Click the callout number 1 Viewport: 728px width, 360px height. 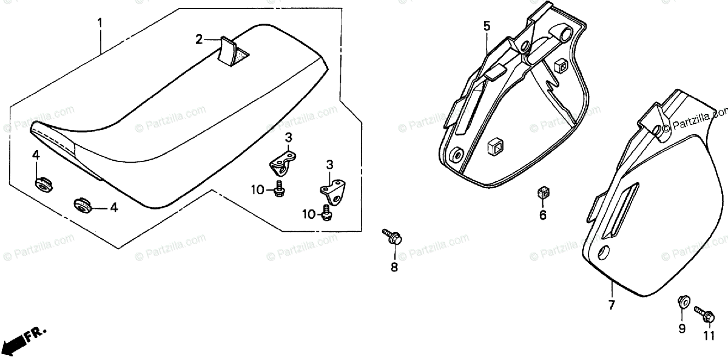click(x=100, y=24)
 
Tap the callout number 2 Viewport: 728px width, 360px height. click(x=198, y=40)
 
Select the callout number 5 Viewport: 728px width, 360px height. click(x=487, y=26)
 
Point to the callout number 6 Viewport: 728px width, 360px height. click(x=543, y=215)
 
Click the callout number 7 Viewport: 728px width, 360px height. click(x=611, y=305)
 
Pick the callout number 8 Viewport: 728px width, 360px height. click(x=394, y=267)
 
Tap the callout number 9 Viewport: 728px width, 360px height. click(x=682, y=328)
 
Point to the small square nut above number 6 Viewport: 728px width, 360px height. click(x=544, y=193)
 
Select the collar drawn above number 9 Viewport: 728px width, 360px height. click(x=682, y=302)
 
